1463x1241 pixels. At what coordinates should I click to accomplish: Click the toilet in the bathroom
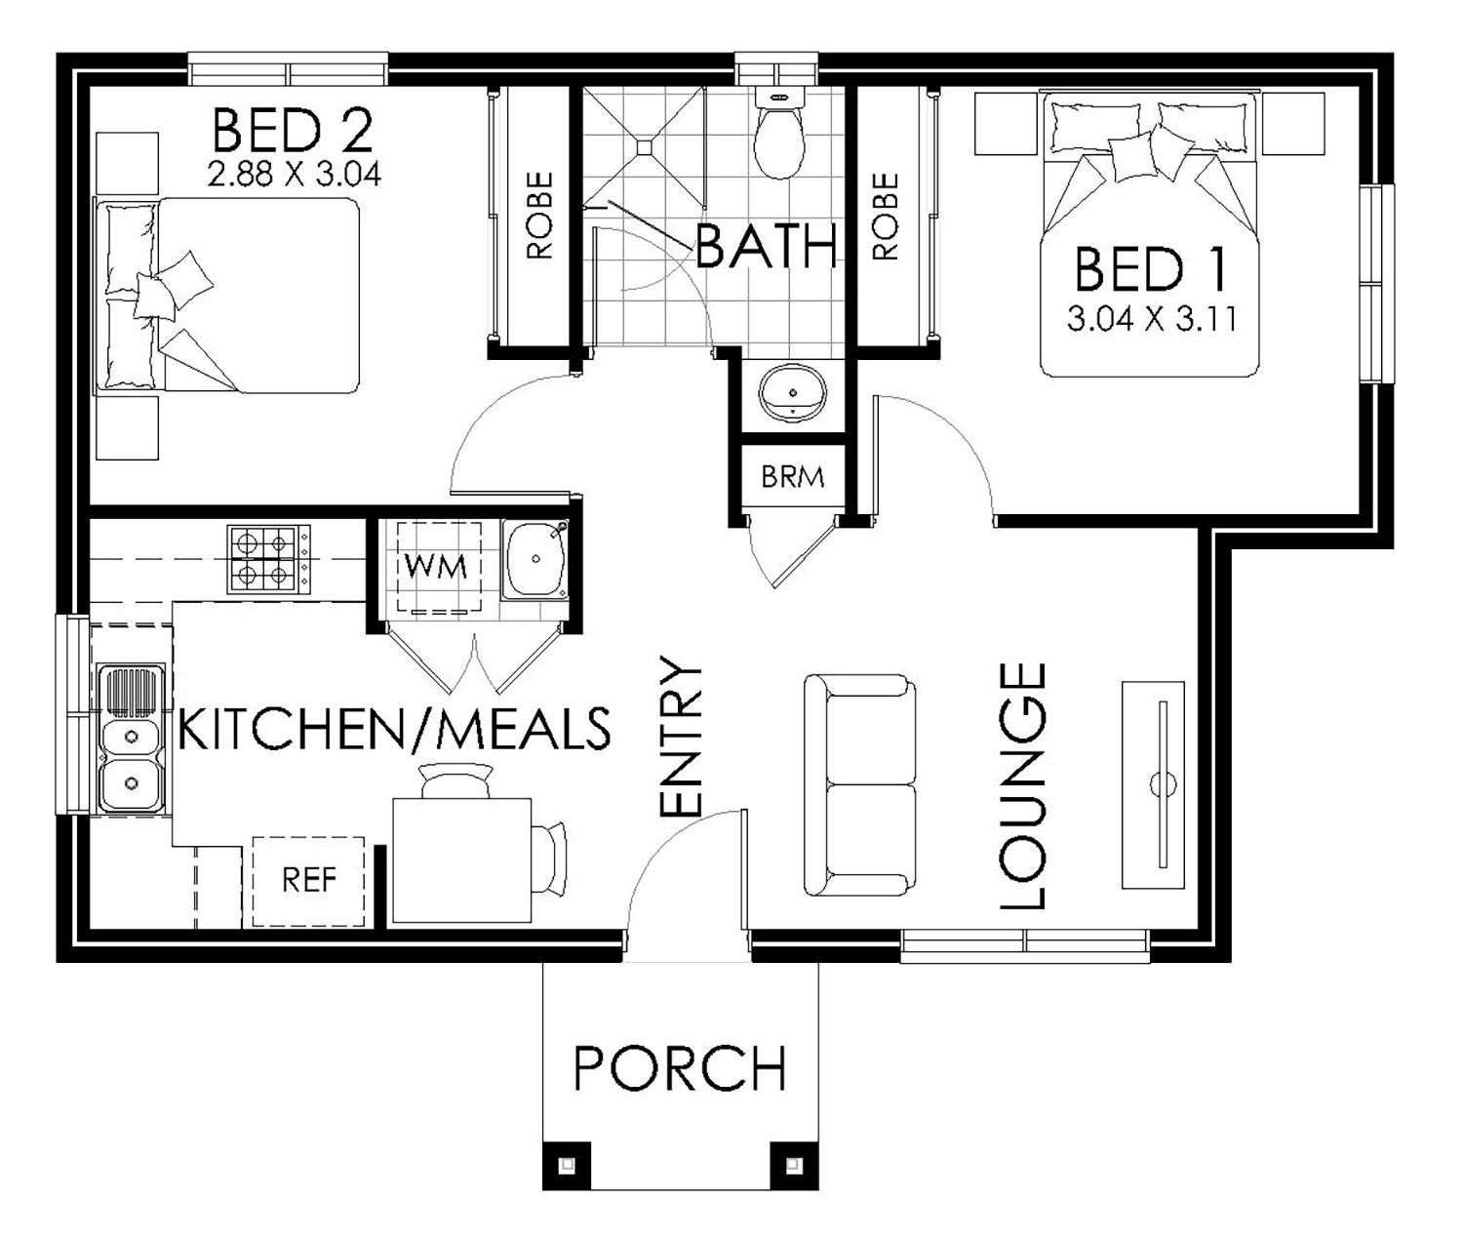pyautogui.click(x=779, y=135)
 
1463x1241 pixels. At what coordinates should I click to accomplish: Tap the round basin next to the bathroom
pyautogui.click(x=792, y=393)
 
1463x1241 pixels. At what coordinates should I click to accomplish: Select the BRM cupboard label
pyautogui.click(x=793, y=477)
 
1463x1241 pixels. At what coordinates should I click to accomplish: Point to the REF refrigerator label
pyautogui.click(x=309, y=880)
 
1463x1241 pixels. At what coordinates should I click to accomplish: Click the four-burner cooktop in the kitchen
pyautogui.click(x=269, y=559)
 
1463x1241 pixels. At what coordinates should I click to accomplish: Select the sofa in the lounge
pyautogui.click(x=860, y=784)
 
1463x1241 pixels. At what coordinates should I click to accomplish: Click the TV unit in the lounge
pyautogui.click(x=1153, y=784)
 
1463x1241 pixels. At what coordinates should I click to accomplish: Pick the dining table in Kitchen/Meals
pyautogui.click(x=461, y=861)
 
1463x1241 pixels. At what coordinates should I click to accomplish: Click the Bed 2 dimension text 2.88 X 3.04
pyautogui.click(x=295, y=174)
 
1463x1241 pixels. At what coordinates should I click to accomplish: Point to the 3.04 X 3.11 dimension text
pyautogui.click(x=1152, y=319)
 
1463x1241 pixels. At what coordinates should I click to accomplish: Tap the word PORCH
pyautogui.click(x=680, y=1068)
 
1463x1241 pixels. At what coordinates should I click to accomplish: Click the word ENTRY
pyautogui.click(x=680, y=736)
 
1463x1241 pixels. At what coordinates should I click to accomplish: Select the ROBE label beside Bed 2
pyautogui.click(x=539, y=216)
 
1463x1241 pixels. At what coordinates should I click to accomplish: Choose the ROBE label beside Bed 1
pyautogui.click(x=885, y=216)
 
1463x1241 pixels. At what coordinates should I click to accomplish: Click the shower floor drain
pyautogui.click(x=644, y=146)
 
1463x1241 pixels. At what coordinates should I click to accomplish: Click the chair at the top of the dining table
pyautogui.click(x=455, y=781)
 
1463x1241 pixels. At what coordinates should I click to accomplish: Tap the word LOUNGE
pyautogui.click(x=1022, y=785)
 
